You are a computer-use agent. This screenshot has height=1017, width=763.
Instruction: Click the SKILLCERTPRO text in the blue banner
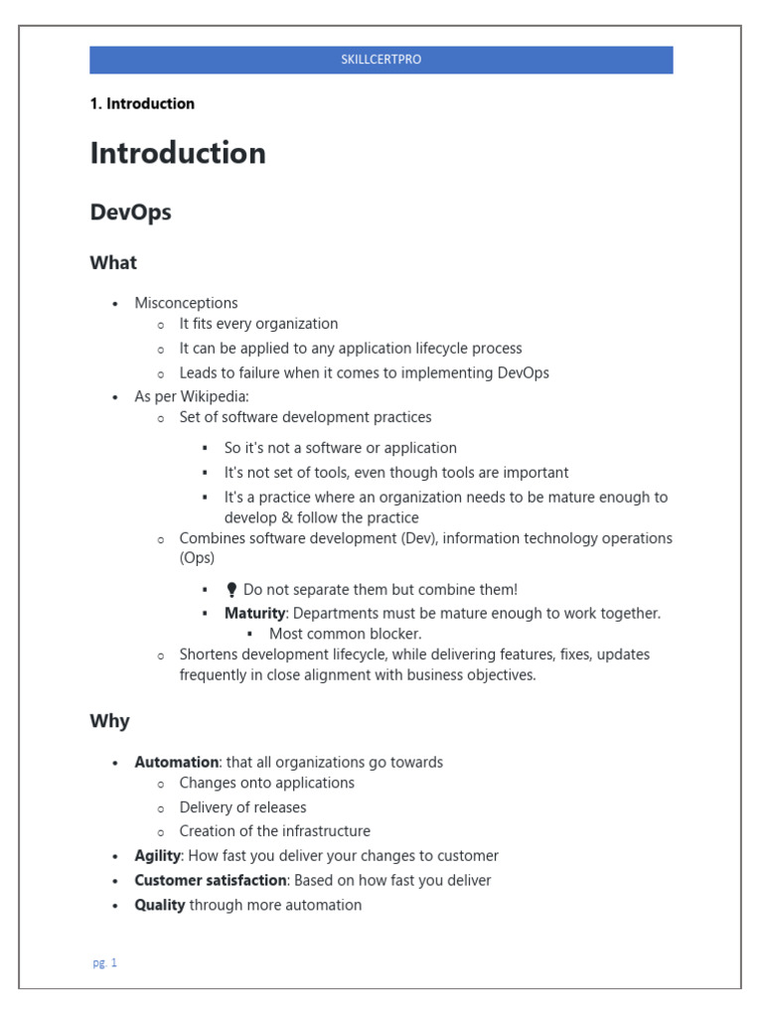click(381, 60)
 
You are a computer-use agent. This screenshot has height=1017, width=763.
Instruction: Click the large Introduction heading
click(178, 153)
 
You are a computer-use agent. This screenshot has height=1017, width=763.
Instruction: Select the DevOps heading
click(130, 213)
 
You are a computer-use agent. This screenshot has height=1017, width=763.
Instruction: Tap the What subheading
click(113, 263)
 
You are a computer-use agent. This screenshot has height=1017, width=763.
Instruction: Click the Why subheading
click(109, 721)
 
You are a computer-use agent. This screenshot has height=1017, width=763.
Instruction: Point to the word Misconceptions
click(186, 303)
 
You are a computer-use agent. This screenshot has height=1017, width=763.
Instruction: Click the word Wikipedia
click(215, 396)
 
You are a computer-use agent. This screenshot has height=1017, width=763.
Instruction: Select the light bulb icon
click(231, 590)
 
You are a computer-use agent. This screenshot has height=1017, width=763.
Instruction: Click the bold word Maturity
click(254, 614)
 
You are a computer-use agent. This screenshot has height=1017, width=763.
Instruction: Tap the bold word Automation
click(176, 763)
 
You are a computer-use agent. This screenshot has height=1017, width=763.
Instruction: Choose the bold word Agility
click(157, 856)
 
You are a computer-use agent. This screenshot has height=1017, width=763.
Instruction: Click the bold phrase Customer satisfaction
click(211, 881)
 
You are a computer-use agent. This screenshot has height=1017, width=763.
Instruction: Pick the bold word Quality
click(159, 905)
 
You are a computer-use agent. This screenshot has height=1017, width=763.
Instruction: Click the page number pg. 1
click(105, 962)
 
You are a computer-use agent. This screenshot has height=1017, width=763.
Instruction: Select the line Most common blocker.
click(345, 634)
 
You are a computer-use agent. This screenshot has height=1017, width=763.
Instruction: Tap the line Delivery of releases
click(242, 807)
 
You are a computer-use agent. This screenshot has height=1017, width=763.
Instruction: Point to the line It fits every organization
click(258, 324)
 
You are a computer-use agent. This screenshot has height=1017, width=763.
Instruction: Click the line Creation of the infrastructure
click(274, 831)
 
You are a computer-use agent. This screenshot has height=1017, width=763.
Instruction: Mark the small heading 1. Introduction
click(142, 103)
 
